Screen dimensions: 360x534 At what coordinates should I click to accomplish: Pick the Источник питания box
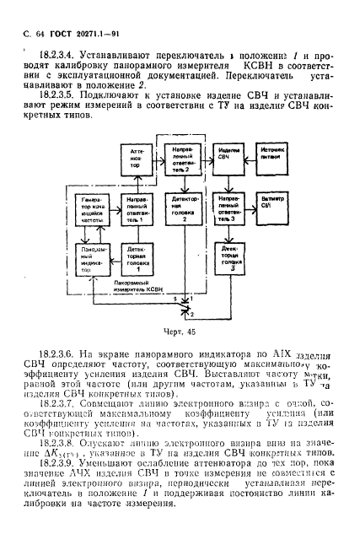pyautogui.click(x=277, y=157)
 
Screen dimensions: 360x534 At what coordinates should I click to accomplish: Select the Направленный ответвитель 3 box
pyautogui.click(x=229, y=208)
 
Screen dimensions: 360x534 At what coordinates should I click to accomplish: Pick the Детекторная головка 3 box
pyautogui.click(x=229, y=255)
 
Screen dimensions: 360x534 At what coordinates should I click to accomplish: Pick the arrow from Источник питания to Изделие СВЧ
pyautogui.click(x=253, y=157)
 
